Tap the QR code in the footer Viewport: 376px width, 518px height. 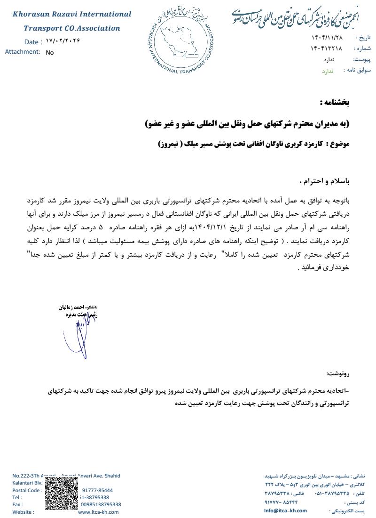point(62,494)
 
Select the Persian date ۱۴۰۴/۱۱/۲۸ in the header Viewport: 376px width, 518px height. point(327,37)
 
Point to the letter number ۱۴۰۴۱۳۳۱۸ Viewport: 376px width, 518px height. point(326,49)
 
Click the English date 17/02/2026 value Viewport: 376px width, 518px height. point(63,41)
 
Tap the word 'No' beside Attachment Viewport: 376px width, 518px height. point(50,53)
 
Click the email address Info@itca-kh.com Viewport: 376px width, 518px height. point(285,510)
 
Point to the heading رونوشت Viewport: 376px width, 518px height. point(338,373)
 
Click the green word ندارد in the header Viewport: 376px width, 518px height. point(327,71)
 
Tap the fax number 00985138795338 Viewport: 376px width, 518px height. point(100,504)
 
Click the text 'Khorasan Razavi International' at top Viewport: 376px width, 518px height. point(72,14)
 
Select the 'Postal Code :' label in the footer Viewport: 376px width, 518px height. point(26,490)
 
